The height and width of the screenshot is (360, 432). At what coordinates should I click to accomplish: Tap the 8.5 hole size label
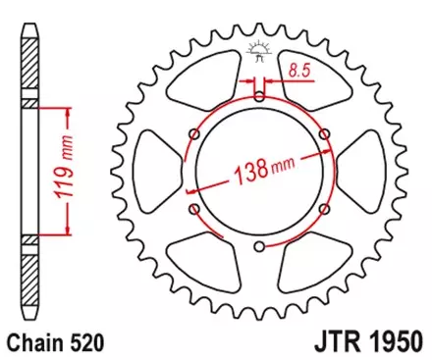click(300, 69)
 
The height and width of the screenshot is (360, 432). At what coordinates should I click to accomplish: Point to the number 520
click(83, 342)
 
